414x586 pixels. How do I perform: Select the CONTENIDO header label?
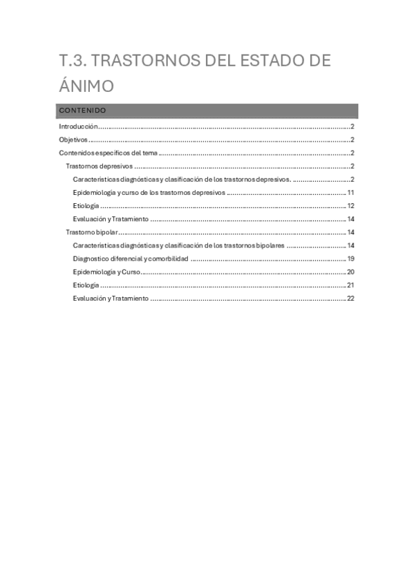82,111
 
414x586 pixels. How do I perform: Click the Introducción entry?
78,126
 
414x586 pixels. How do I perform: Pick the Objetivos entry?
73,140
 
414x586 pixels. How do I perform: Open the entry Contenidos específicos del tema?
109,153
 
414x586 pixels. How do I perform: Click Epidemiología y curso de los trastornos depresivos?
149,193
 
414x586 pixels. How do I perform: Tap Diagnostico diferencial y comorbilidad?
130,258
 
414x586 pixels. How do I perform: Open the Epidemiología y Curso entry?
106,272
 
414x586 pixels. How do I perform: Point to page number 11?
350,193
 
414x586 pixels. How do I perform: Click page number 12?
350,206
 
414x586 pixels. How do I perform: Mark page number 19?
350,258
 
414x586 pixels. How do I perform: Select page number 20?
350,272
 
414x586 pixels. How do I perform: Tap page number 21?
350,285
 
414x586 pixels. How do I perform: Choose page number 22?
350,298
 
